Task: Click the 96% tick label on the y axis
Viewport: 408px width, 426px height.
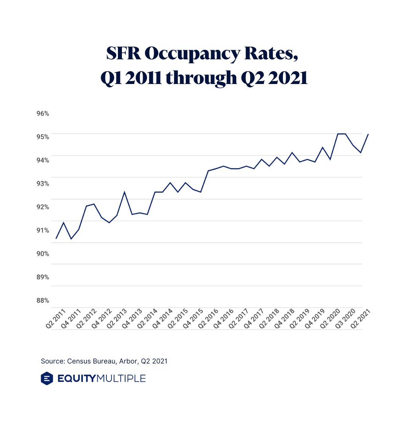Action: click(43, 113)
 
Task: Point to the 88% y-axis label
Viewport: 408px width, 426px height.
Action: click(43, 301)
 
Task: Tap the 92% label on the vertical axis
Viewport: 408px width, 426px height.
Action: click(43, 207)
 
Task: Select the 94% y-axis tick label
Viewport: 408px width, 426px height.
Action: click(43, 160)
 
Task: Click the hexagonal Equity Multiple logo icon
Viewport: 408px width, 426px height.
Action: click(47, 378)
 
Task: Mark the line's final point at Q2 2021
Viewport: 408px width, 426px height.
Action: click(368, 135)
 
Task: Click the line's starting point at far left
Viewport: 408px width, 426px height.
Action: click(56, 238)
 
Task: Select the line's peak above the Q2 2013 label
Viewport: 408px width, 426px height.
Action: click(124, 192)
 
